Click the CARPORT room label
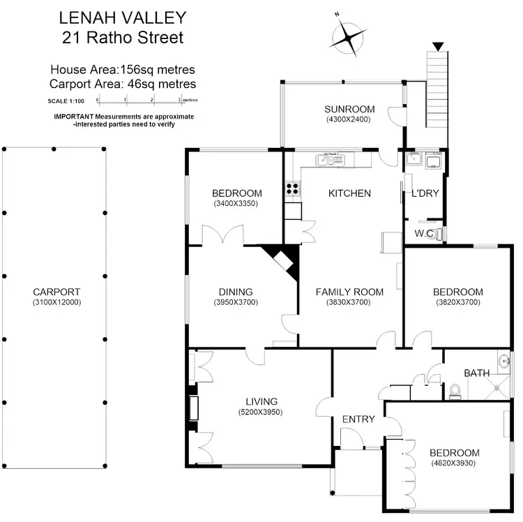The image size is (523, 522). (56, 292)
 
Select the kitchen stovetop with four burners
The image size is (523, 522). (292, 188)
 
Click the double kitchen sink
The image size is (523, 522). (328, 160)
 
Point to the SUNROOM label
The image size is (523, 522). (349, 109)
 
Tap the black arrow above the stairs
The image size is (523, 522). (437, 47)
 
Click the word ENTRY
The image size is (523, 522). (358, 419)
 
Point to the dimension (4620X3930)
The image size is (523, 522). (454, 464)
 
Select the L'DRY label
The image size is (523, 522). (425, 193)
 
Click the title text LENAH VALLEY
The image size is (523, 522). (122, 16)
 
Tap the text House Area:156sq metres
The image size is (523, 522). (122, 69)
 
